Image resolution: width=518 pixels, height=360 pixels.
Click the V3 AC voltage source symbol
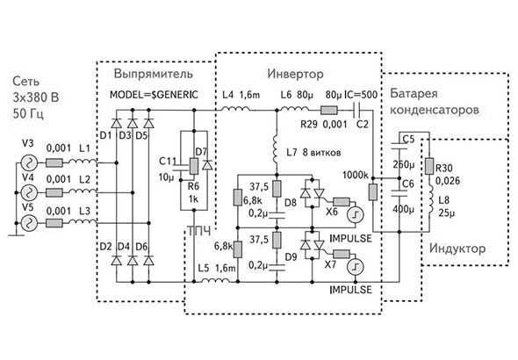pyautogui.click(x=29, y=162)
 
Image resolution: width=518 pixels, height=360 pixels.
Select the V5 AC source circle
pyautogui.click(x=29, y=224)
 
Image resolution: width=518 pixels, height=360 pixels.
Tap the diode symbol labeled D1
pyautogui.click(x=116, y=123)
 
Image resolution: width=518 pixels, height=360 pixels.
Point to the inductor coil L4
pyautogui.click(x=235, y=108)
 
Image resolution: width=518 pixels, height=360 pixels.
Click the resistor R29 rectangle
pyautogui.click(x=329, y=110)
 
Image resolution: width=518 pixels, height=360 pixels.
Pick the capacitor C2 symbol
pyautogui.click(x=357, y=111)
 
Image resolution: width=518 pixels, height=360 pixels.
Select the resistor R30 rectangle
pyautogui.click(x=429, y=166)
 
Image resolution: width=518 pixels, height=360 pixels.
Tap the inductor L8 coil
pyautogui.click(x=430, y=200)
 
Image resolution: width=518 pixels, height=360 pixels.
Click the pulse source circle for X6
pyautogui.click(x=356, y=214)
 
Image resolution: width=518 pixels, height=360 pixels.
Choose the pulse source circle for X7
pyautogui.click(x=356, y=267)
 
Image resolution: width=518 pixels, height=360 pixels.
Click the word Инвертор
pyautogui.click(x=295, y=74)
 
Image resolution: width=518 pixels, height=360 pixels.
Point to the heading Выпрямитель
pyautogui.click(x=154, y=74)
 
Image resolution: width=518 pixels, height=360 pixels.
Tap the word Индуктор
pyautogui.click(x=457, y=248)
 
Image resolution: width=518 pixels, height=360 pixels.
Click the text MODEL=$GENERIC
pyautogui.click(x=154, y=95)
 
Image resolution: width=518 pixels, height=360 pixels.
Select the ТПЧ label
pyautogui.click(x=199, y=231)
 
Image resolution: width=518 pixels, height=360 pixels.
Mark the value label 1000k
pyautogui.click(x=355, y=175)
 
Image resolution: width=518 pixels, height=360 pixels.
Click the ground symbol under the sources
pyautogui.click(x=16, y=234)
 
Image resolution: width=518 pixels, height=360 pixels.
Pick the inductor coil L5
pyautogui.click(x=215, y=280)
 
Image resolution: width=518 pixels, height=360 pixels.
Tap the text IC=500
pyautogui.click(x=361, y=95)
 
